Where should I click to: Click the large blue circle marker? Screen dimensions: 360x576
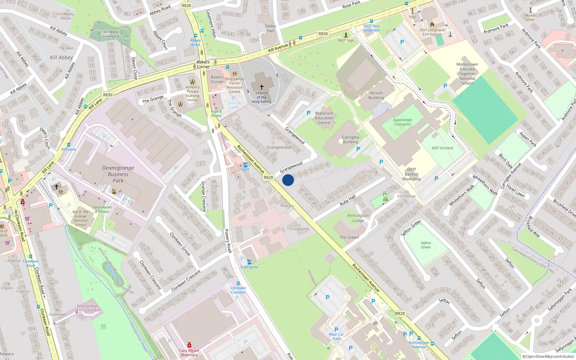tap(288, 180)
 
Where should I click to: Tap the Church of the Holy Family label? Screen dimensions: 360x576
tap(262, 97)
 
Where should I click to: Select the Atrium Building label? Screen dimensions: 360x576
tap(376, 95)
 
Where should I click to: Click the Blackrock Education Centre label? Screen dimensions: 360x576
tap(324, 118)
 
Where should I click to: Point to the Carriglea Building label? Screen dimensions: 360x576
tap(350, 139)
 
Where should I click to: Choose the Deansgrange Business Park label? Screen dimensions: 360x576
tap(118, 174)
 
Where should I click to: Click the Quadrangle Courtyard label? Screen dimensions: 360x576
tap(402, 122)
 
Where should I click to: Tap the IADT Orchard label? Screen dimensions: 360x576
tap(442, 148)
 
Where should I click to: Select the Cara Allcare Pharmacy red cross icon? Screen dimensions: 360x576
tap(189, 345)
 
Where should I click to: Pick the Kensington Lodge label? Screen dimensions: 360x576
tap(358, 218)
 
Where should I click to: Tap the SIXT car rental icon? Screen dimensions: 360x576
tap(246, 165)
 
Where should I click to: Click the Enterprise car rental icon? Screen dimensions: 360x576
tap(249, 262)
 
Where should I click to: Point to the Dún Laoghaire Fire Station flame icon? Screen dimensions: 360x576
tap(432, 24)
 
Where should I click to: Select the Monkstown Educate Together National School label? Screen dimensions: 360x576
tap(467, 74)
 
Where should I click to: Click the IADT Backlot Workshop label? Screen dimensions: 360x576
tap(411, 174)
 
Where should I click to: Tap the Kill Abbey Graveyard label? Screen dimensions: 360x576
tap(111, 34)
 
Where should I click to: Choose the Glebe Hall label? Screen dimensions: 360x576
tap(270, 28)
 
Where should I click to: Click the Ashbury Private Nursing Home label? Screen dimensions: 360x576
tap(193, 94)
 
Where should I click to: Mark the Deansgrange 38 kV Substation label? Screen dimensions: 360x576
tap(87, 308)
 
